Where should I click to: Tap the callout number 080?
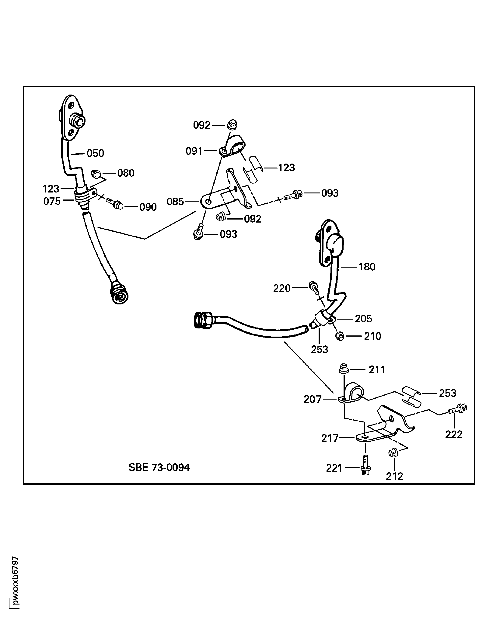126,173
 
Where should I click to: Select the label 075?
52,201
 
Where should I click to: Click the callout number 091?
194,151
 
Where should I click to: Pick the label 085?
175,202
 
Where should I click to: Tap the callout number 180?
367,267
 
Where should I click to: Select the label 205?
363,319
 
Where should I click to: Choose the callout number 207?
313,399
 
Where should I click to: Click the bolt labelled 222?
458,409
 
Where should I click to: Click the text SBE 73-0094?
159,468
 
